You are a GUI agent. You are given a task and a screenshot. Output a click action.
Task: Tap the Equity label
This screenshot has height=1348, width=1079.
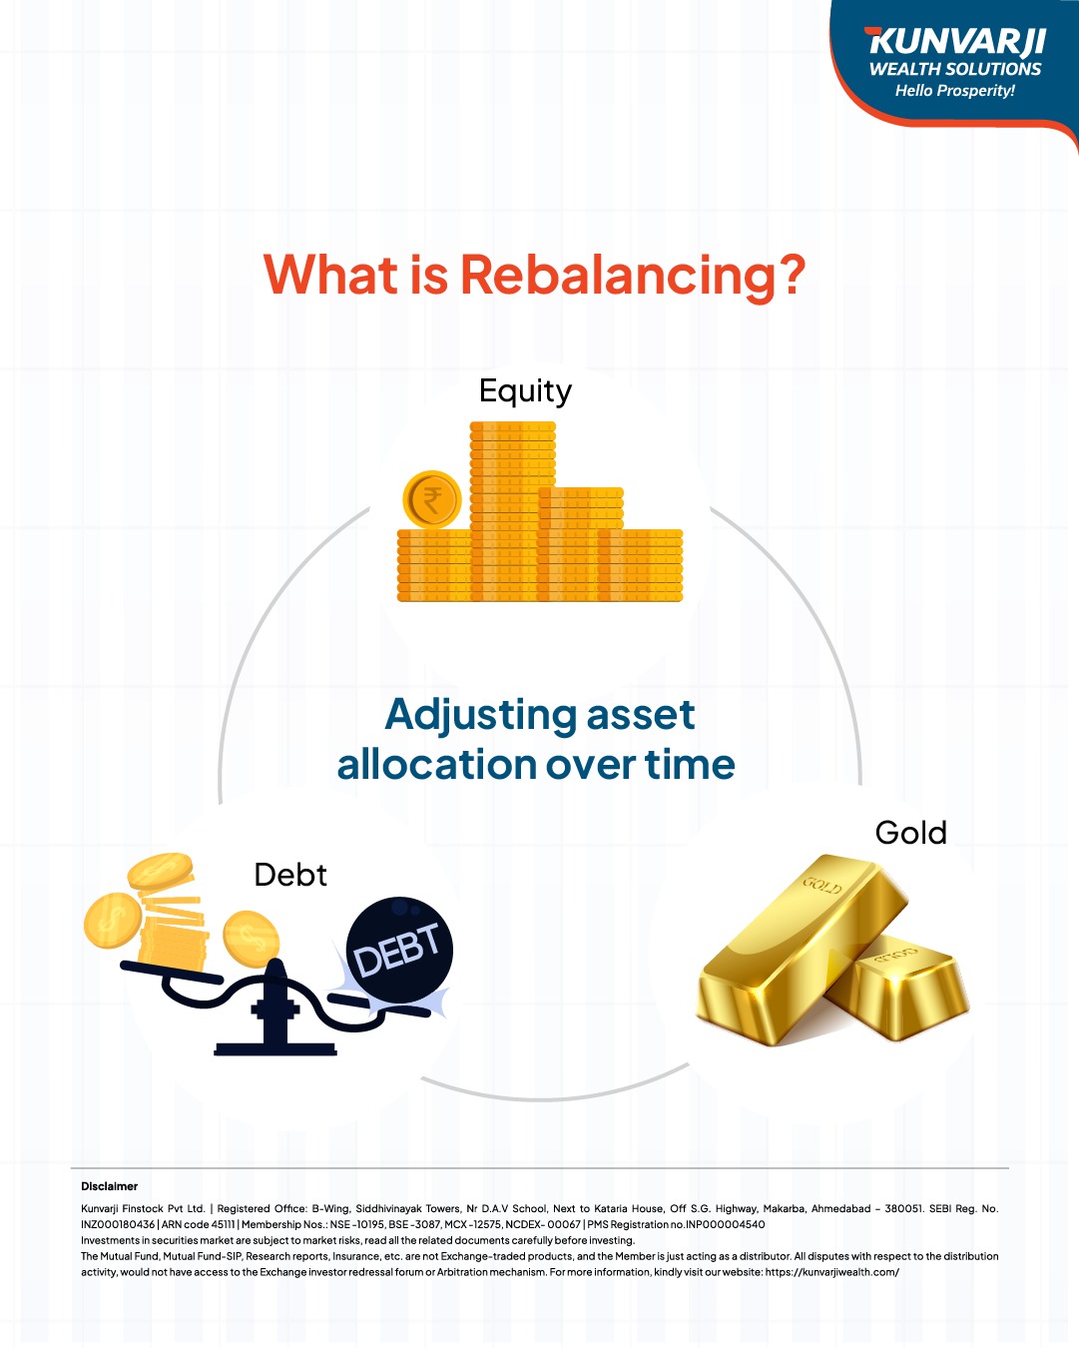525,391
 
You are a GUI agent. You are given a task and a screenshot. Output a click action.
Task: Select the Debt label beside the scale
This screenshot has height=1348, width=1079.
289,875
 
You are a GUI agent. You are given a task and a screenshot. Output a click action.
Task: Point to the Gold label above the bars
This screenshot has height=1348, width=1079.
910,833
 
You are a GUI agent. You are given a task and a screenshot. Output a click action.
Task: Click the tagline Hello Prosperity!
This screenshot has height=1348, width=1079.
955,91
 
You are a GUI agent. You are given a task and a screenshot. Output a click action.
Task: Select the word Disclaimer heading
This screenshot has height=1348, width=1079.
109,1186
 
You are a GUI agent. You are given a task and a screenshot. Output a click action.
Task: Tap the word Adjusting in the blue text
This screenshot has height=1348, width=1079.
480,716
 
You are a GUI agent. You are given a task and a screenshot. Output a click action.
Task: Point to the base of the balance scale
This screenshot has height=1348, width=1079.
275,1049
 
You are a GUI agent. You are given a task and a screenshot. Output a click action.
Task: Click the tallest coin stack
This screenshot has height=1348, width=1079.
512,511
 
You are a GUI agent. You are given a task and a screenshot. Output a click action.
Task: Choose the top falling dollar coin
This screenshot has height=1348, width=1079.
161,870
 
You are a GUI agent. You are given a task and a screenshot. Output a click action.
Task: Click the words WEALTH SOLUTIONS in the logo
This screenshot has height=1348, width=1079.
955,69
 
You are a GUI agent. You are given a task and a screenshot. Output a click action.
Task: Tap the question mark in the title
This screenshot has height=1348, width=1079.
793,275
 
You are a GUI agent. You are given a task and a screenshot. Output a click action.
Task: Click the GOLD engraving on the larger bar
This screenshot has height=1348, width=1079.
822,885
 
